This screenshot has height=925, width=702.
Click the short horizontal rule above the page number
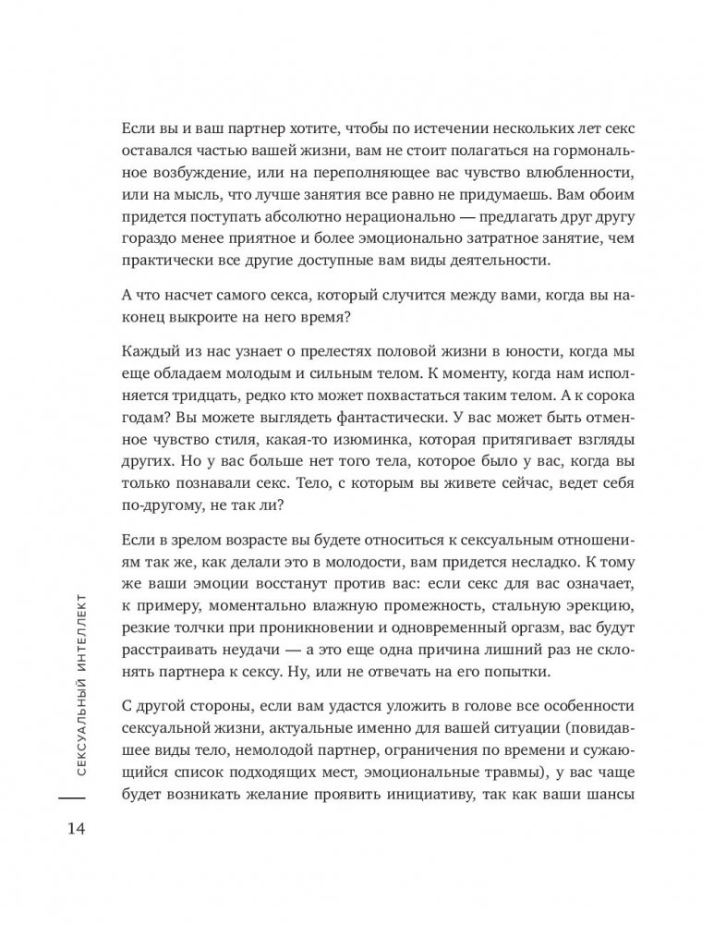click(73, 795)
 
